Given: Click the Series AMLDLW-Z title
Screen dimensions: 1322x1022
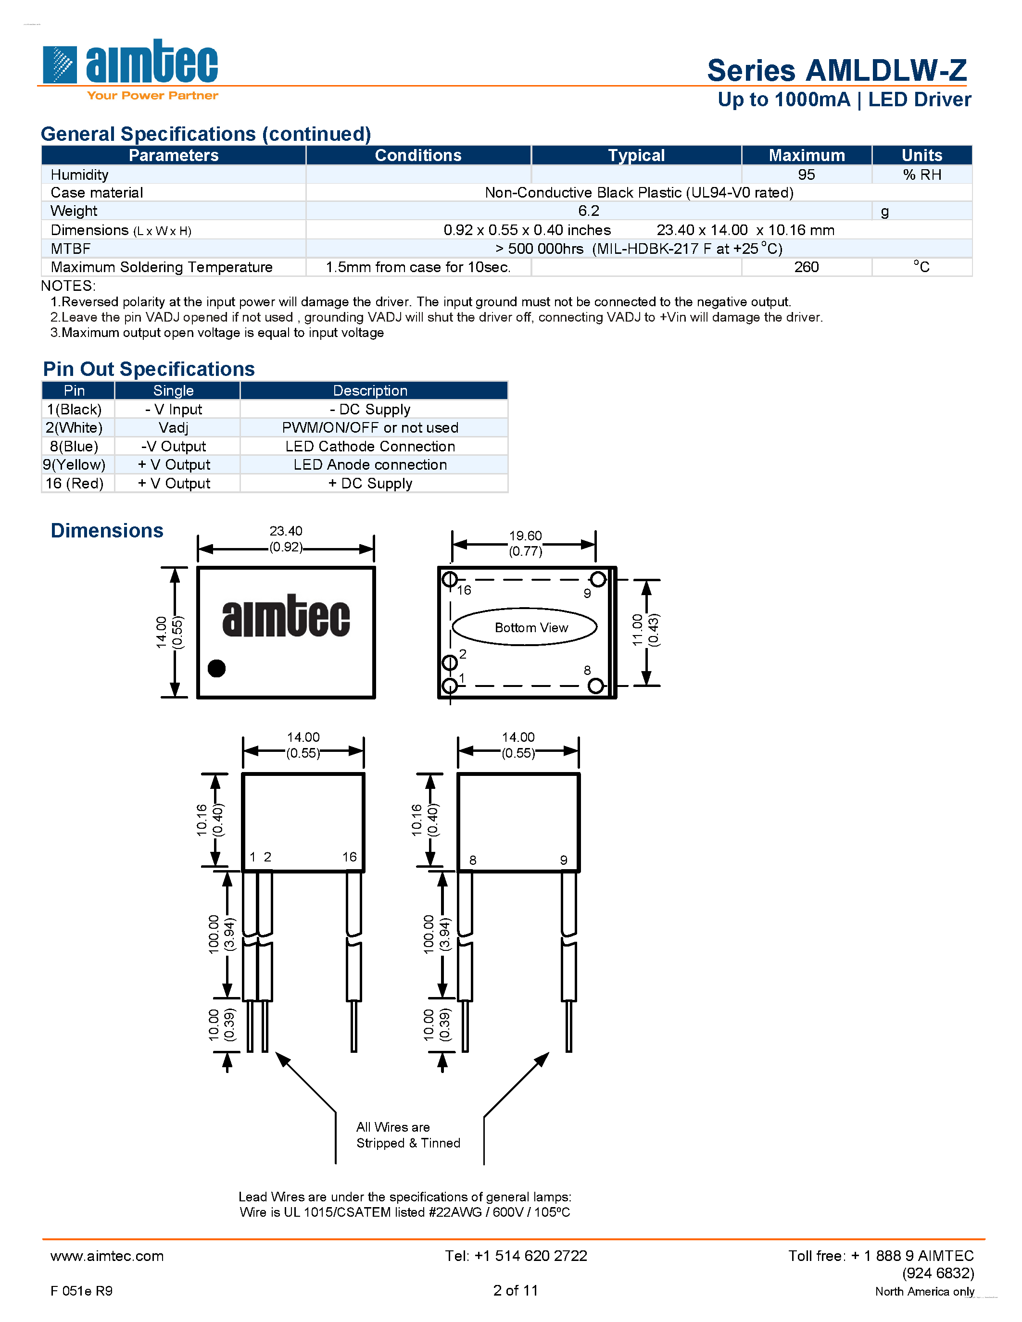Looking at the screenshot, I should point(837,71).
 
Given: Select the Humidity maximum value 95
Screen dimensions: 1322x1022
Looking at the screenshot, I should point(806,175).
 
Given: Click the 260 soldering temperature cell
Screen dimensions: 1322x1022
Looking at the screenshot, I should point(806,267).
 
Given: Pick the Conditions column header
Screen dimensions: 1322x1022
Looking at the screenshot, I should point(418,156).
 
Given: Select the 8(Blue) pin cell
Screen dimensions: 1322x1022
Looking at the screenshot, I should point(74,446).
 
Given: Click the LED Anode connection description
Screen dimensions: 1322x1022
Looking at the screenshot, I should point(370,465).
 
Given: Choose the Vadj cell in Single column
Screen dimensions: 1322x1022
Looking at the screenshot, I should point(173,428).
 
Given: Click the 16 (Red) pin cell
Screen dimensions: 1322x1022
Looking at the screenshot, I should point(75,484).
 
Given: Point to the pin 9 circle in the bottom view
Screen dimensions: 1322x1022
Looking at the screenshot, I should point(598,579).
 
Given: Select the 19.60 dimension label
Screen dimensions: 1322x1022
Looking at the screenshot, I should point(525,536).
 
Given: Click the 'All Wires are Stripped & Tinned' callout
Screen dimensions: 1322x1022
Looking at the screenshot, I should point(407,1135).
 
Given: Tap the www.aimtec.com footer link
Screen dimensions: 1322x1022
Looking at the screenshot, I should point(107,1256).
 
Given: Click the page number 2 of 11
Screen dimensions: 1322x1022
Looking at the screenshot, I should point(515,1291).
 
